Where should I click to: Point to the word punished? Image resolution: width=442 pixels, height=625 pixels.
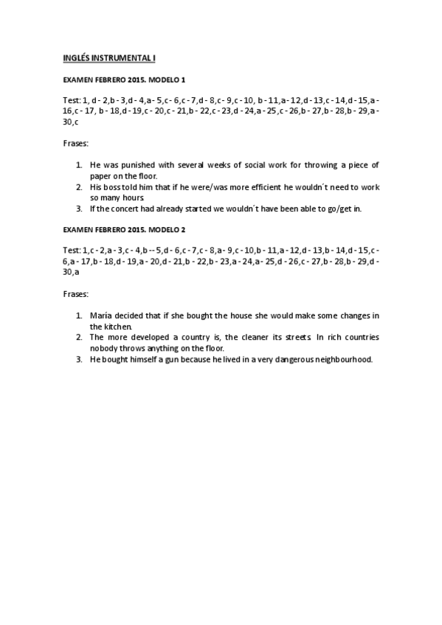tap(131, 166)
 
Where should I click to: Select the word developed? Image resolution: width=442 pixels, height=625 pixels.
tap(153, 337)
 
